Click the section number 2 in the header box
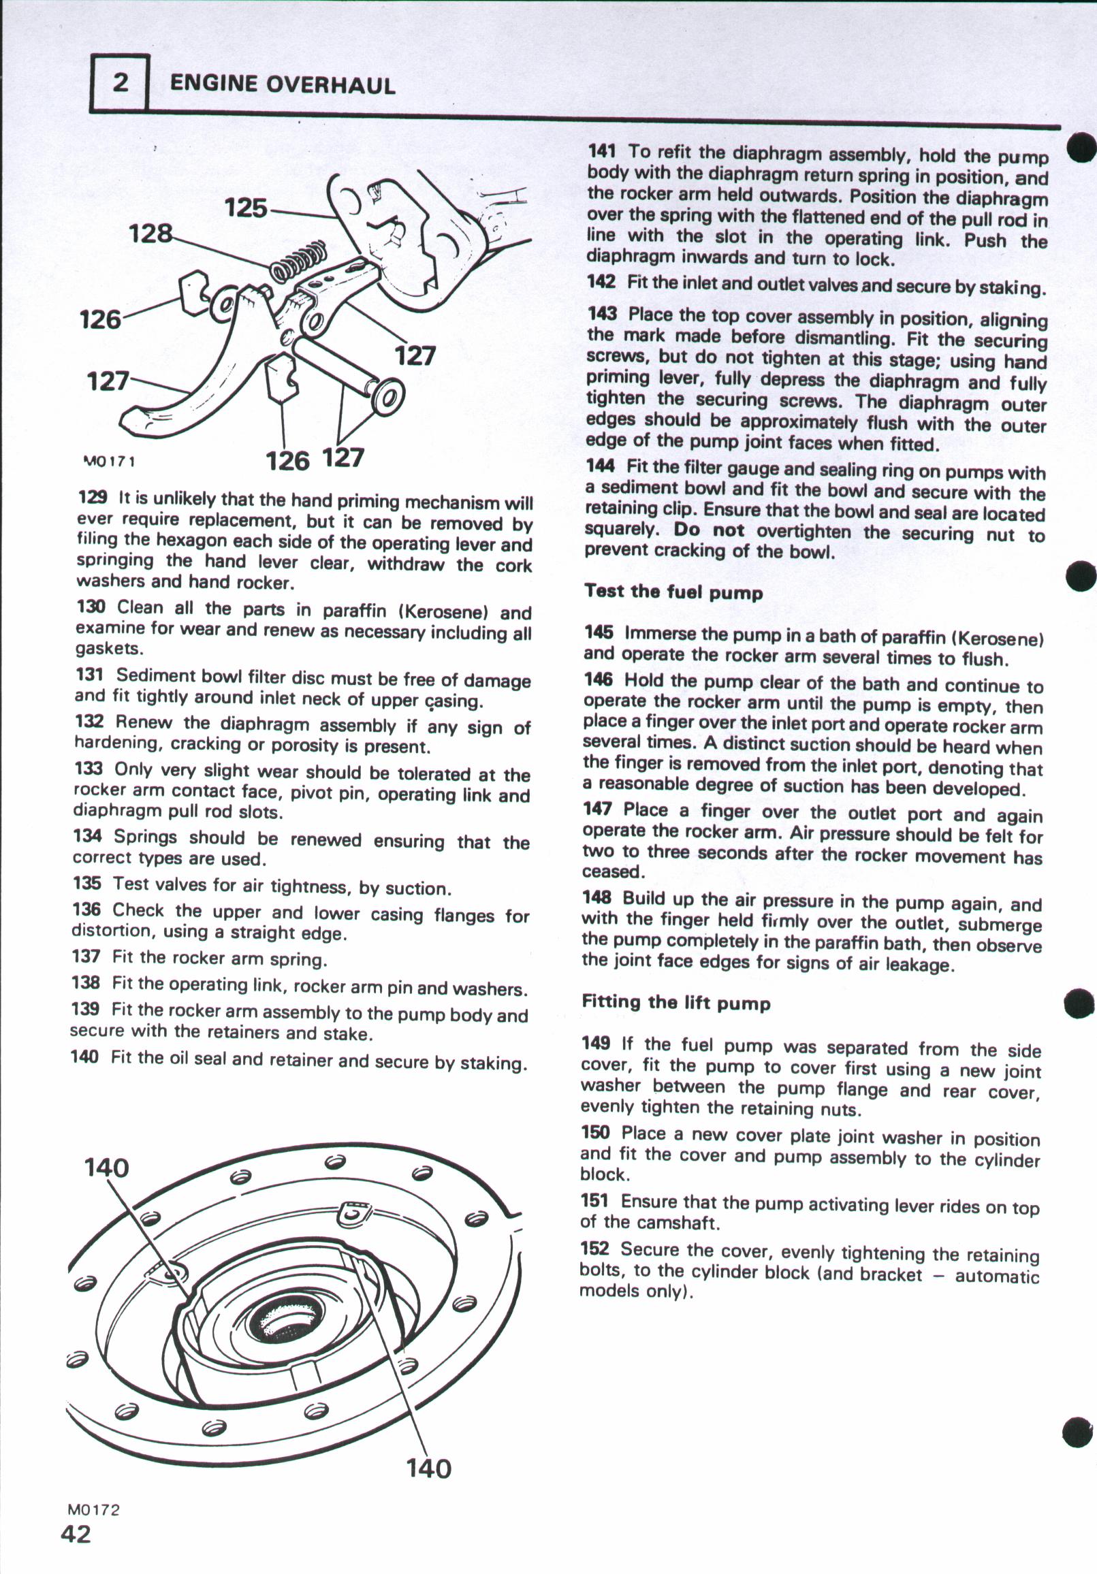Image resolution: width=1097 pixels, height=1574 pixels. click(120, 83)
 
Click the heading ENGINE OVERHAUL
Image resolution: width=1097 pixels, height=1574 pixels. click(282, 84)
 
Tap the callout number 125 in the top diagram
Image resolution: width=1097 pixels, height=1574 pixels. click(246, 207)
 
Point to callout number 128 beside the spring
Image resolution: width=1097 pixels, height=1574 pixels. click(152, 234)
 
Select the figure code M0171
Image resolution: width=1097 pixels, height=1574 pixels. click(108, 461)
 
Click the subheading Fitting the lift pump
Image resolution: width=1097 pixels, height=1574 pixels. click(676, 1002)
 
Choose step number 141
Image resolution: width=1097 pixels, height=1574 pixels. click(601, 151)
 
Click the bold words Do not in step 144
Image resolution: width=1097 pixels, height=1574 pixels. click(708, 529)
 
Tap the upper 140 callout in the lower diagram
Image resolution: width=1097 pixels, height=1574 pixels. click(106, 1167)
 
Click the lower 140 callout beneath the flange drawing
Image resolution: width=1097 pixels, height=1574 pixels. click(429, 1468)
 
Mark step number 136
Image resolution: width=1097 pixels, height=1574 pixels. click(86, 910)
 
